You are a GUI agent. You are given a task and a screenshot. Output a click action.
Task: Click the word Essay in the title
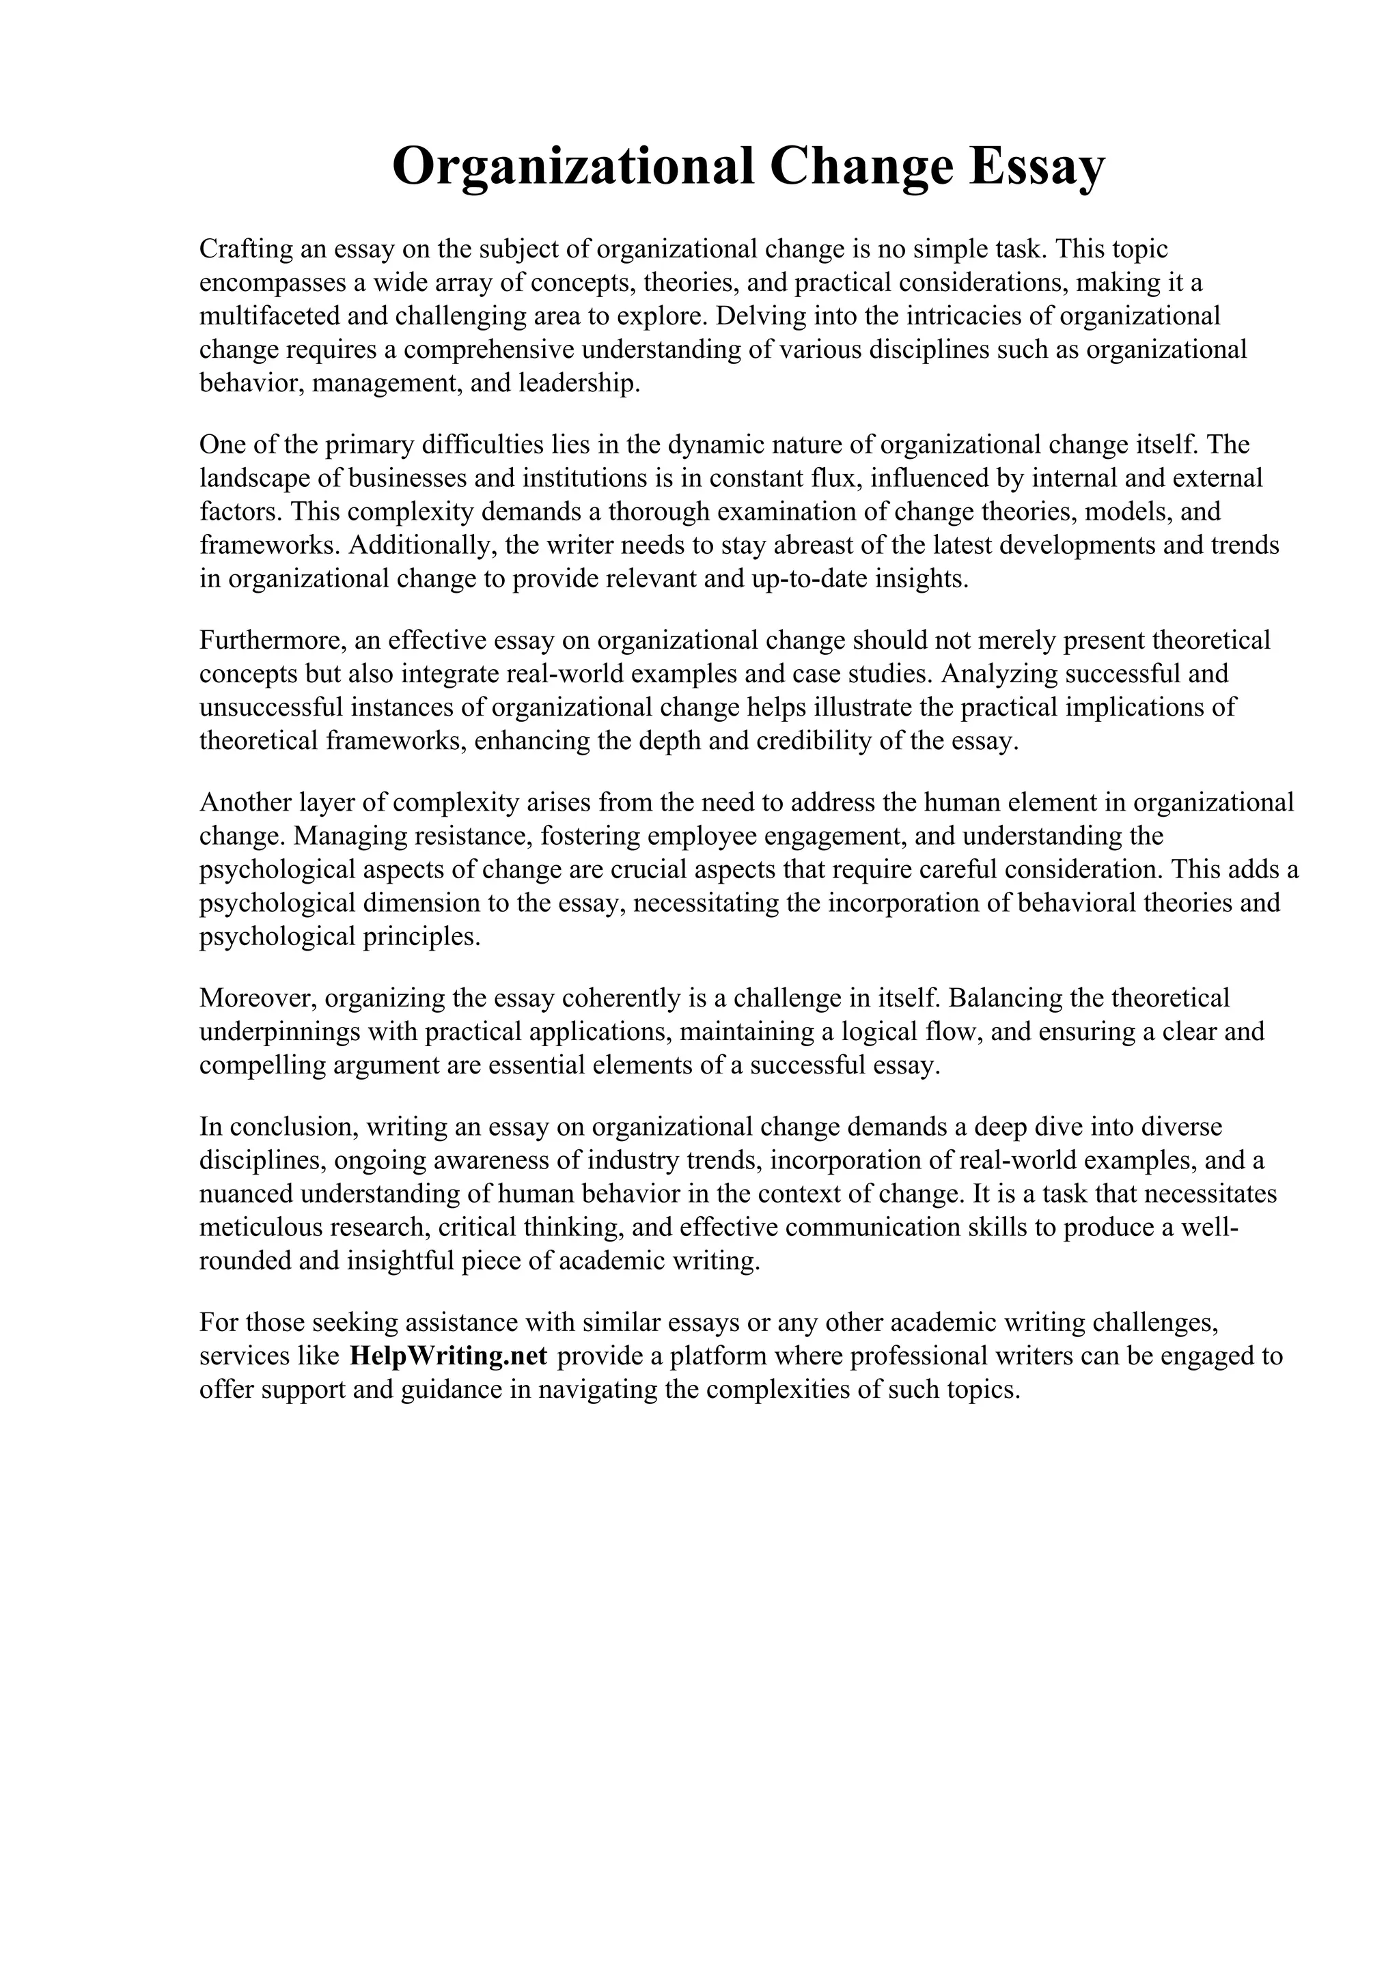(x=1036, y=167)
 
